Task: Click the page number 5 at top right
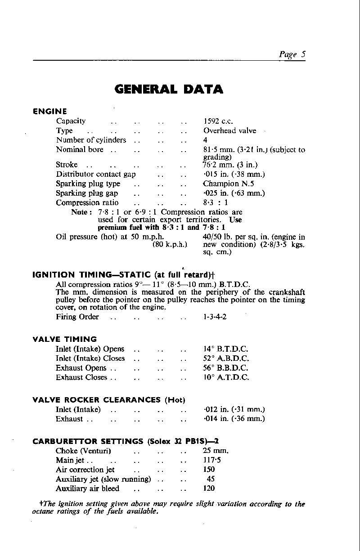[x=304, y=54]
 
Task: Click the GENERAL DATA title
[x=169, y=89]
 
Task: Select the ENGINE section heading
[x=50, y=112]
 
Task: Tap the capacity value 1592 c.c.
[x=218, y=121]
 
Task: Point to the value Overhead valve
[x=229, y=130]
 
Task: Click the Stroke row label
[x=67, y=165]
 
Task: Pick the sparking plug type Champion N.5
[x=229, y=184]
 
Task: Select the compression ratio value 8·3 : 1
[x=216, y=202]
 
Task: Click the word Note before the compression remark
[x=81, y=212]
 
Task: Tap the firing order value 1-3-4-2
[x=215, y=317]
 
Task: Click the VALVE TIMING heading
[x=65, y=339]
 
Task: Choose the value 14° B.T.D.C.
[x=226, y=349]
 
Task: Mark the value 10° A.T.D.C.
[x=226, y=377]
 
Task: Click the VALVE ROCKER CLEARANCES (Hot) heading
[x=109, y=400]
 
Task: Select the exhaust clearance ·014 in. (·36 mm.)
[x=234, y=419]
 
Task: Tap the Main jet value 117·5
[x=211, y=460]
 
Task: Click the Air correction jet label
[x=85, y=470]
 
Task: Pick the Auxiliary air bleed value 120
[x=209, y=488]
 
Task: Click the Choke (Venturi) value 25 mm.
[x=216, y=451]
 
